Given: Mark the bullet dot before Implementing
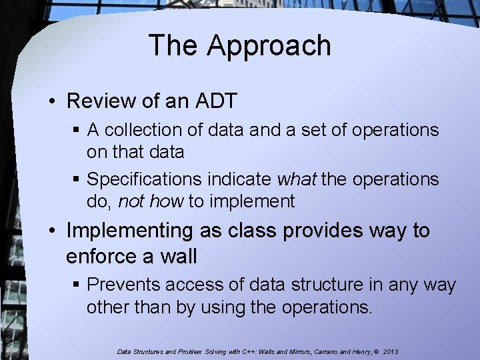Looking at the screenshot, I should click(x=53, y=232).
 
